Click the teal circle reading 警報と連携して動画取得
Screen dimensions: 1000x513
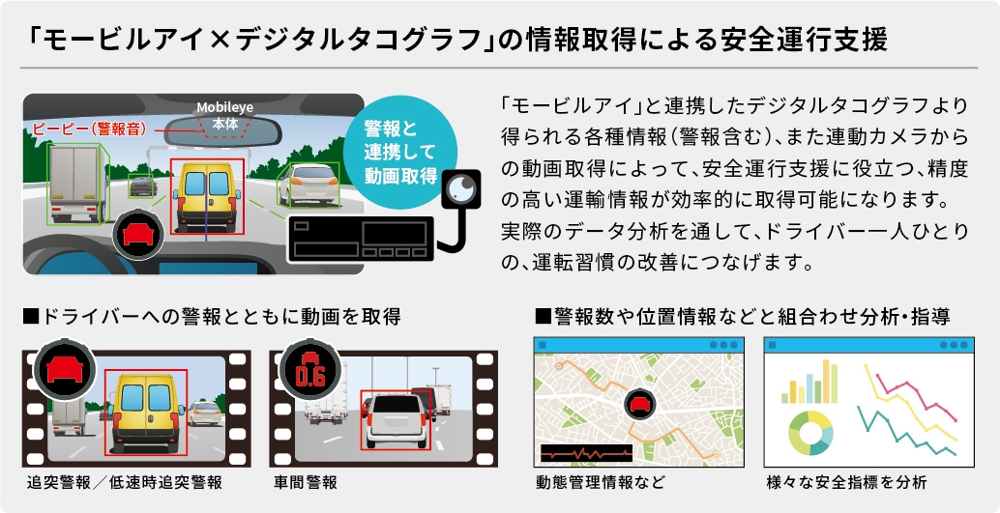[x=400, y=152]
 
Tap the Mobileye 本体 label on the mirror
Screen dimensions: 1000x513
[x=224, y=116]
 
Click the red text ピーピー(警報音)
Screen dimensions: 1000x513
[x=89, y=129]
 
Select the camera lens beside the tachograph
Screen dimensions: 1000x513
[x=461, y=188]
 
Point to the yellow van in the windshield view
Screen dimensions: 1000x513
[x=207, y=196]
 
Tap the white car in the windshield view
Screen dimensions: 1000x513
[x=309, y=185]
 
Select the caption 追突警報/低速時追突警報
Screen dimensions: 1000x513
[x=125, y=482]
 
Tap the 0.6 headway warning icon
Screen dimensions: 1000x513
[x=310, y=370]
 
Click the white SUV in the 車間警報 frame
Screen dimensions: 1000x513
[x=397, y=419]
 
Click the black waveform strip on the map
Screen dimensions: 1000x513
[x=586, y=453]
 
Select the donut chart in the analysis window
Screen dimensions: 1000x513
[x=809, y=433]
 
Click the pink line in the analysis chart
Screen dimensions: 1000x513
[x=917, y=397]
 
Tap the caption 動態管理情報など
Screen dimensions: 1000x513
[x=601, y=482]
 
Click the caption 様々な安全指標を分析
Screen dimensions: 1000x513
[x=847, y=482]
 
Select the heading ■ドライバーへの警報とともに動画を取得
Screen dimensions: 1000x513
[x=212, y=316]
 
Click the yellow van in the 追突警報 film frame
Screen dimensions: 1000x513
[x=145, y=412]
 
